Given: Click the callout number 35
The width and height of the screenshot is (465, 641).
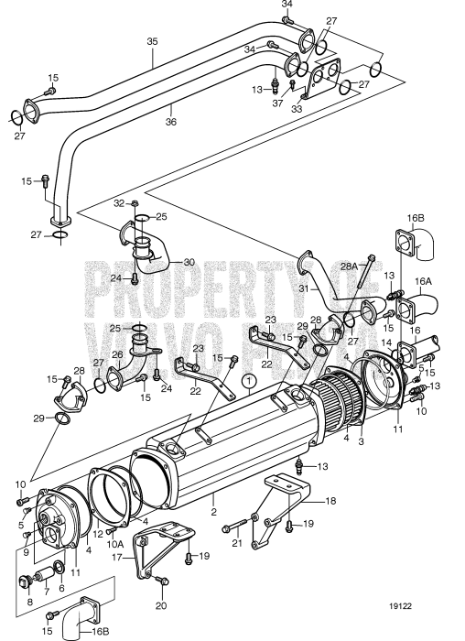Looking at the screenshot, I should coord(152,41).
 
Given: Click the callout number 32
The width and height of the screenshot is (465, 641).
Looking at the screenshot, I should coord(120,202).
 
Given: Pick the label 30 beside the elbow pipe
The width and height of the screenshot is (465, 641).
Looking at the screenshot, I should coord(189,262).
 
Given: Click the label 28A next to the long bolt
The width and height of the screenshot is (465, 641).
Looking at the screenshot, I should coord(349,266).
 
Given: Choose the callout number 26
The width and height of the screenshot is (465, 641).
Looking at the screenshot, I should coord(116,355).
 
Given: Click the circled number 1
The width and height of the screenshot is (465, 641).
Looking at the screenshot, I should coord(246,378).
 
